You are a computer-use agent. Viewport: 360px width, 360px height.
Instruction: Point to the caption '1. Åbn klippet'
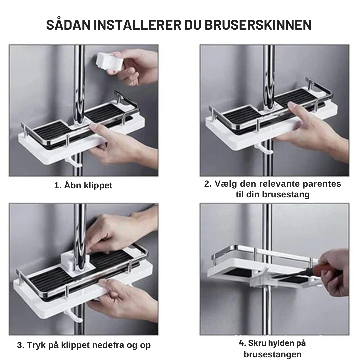coord(83,186)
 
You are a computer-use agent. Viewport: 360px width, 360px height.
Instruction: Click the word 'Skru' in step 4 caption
coord(257,343)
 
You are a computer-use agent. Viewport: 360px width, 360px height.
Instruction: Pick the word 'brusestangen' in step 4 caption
coord(273,354)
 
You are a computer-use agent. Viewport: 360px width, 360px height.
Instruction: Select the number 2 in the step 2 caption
coord(208,184)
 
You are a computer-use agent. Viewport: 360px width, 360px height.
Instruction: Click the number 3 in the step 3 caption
coord(20,345)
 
